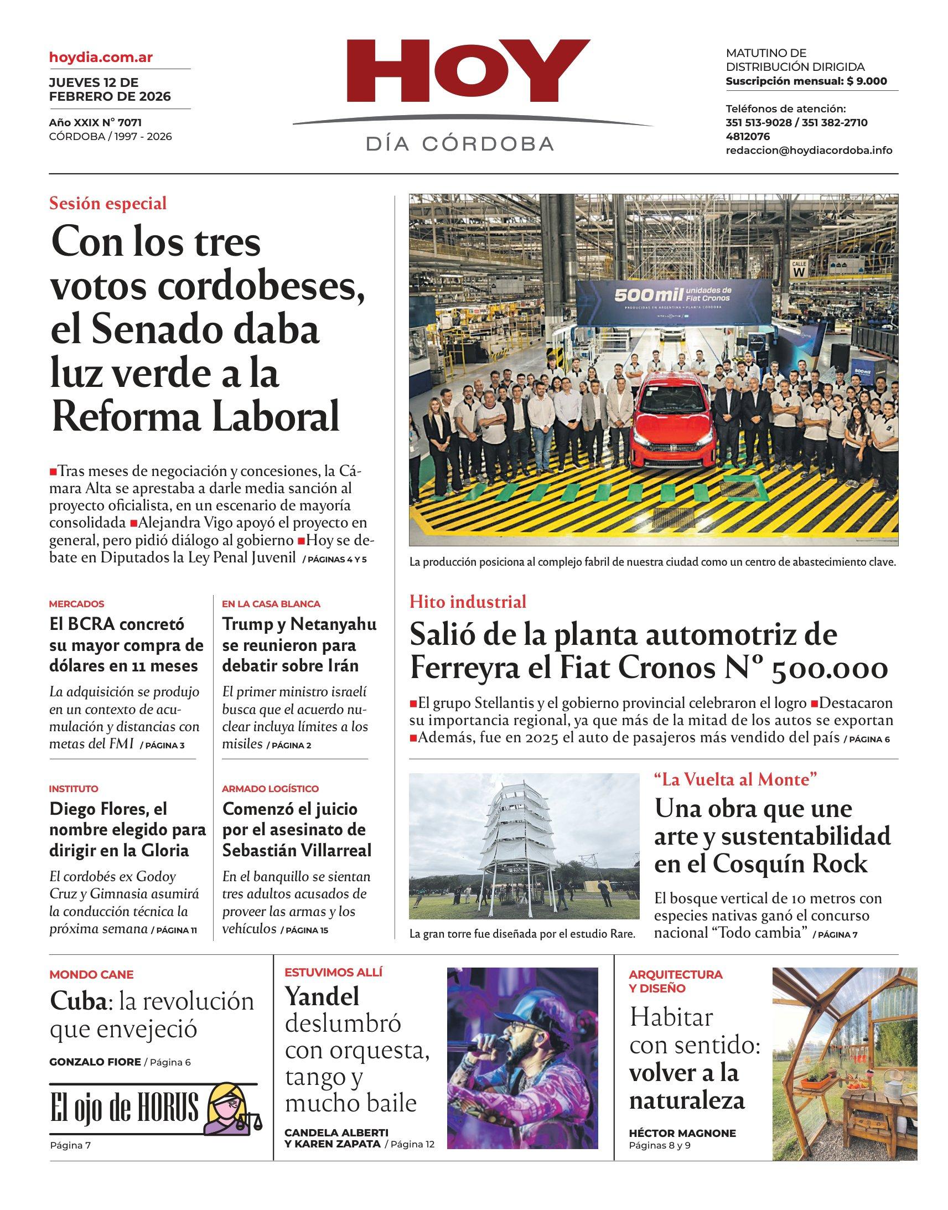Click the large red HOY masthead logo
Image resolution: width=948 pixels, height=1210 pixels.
(x=469, y=71)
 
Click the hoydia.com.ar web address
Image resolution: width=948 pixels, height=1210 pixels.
(x=101, y=57)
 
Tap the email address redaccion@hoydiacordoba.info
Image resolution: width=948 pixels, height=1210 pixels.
(x=809, y=151)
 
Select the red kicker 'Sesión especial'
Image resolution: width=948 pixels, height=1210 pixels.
(x=108, y=204)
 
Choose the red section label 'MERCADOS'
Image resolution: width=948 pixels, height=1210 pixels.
(x=76, y=604)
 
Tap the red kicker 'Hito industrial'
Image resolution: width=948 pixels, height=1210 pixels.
(x=468, y=602)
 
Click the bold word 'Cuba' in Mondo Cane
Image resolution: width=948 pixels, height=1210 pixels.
(x=77, y=1002)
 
